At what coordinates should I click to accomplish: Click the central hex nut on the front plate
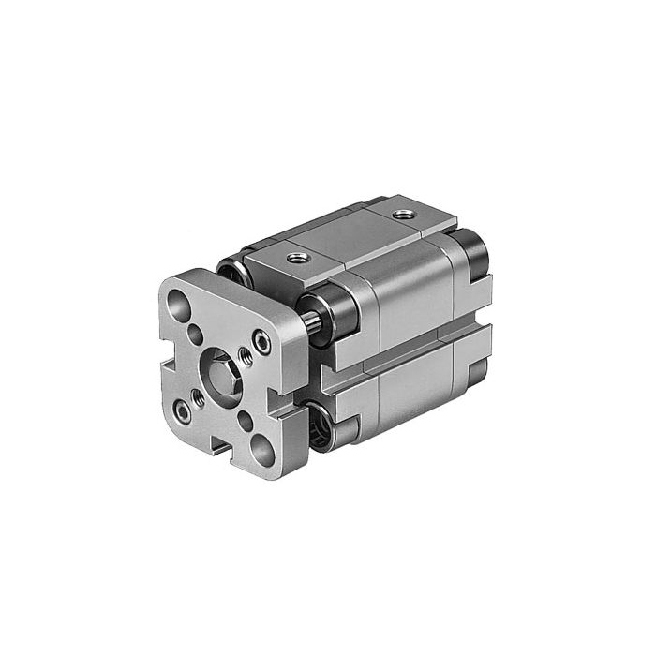click(x=221, y=366)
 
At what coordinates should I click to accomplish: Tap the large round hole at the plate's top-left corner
click(x=178, y=303)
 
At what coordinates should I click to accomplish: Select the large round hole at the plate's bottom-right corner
click(x=263, y=448)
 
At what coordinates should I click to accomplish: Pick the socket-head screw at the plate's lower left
click(x=179, y=410)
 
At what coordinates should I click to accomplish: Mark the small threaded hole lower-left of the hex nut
click(x=199, y=395)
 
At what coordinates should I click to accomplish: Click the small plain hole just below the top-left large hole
click(x=196, y=331)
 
